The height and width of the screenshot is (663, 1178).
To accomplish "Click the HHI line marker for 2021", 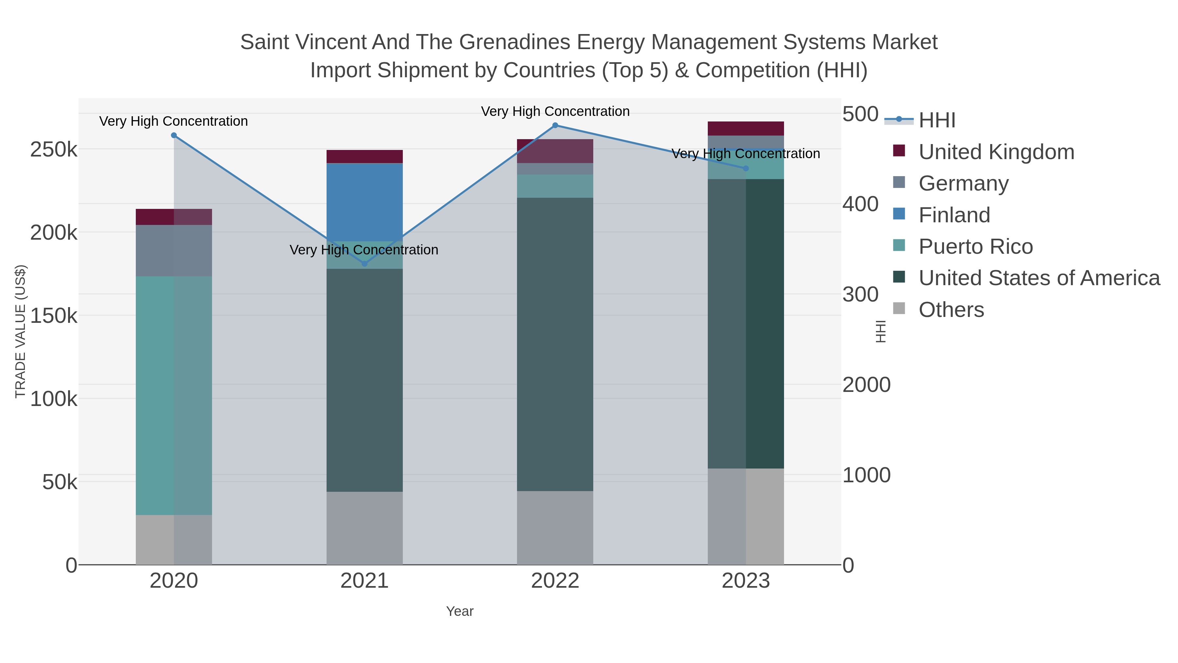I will click(365, 264).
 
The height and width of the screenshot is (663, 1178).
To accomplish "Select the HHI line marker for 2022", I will click(555, 125).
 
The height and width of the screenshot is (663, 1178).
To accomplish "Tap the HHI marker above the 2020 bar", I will click(174, 136).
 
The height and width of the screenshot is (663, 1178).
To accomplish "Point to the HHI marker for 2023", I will click(746, 168).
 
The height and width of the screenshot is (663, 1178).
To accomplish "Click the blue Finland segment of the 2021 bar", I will click(365, 201).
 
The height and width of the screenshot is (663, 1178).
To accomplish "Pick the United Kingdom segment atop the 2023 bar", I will click(746, 129).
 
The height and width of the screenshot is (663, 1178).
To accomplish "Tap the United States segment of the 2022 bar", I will click(555, 343).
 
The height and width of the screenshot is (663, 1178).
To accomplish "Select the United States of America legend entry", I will click(1039, 278).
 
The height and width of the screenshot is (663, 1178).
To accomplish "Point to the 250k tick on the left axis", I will click(54, 150).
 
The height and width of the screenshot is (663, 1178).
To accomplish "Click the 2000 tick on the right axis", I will click(866, 385).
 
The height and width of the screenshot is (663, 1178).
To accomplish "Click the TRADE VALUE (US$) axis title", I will click(21, 331).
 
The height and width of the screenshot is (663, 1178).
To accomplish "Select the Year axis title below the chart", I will click(460, 611).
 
